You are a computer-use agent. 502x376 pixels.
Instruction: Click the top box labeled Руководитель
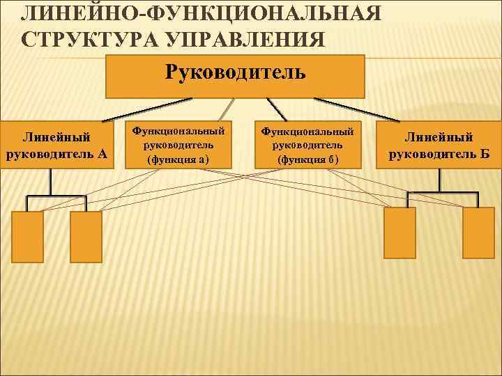[235, 76]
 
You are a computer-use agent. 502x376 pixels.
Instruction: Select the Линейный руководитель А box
[56, 146]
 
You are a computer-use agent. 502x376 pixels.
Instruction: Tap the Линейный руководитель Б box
[439, 146]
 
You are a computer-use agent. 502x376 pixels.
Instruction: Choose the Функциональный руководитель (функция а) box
[178, 145]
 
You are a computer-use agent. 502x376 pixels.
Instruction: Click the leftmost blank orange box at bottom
[28, 236]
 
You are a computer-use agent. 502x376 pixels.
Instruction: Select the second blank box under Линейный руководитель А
[86, 236]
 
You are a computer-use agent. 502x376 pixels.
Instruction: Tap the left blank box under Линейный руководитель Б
[400, 233]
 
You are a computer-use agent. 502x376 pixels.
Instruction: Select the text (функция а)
[178, 159]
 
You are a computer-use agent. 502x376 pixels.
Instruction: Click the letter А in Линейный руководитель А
[102, 153]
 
